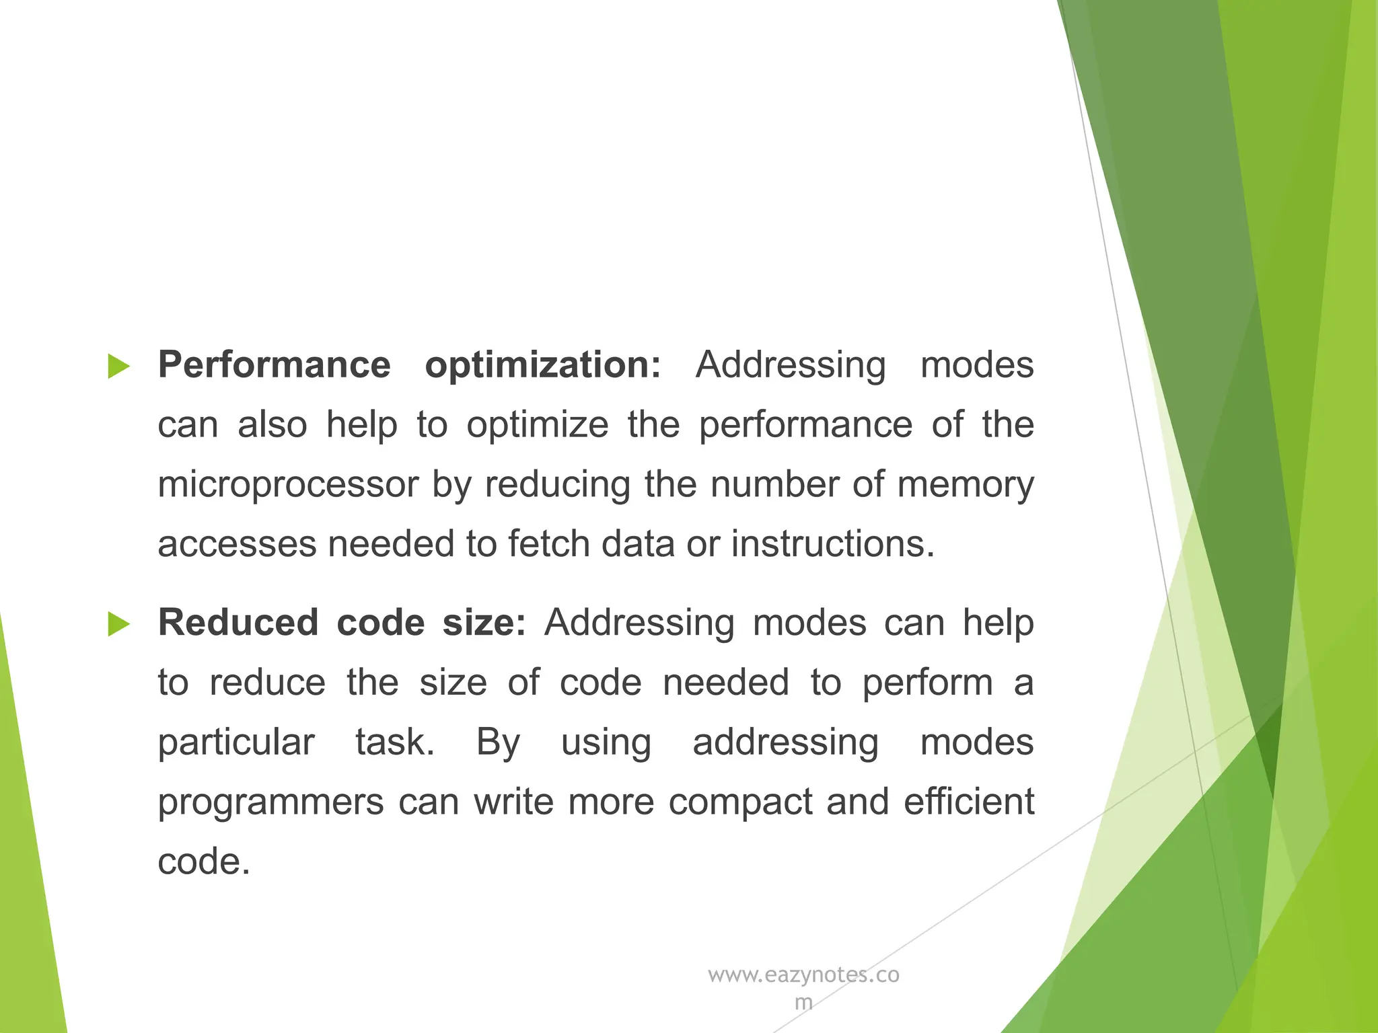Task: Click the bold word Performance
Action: (274, 365)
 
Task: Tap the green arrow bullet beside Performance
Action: (118, 367)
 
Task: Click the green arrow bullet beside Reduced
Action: (118, 624)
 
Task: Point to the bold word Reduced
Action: (238, 623)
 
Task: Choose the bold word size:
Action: (484, 623)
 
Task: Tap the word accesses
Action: (237, 544)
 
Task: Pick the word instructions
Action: (832, 544)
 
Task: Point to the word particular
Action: (236, 743)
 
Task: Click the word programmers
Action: (270, 802)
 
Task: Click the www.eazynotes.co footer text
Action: (803, 975)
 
